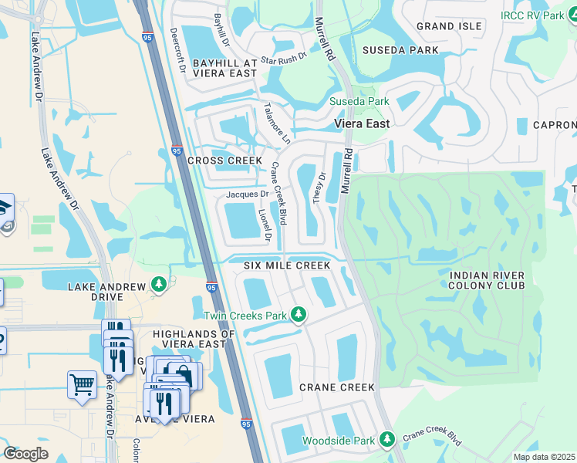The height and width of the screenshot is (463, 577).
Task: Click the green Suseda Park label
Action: point(359,102)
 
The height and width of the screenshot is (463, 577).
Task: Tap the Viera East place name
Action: point(362,123)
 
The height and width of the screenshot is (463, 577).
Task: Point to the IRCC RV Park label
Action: point(538,15)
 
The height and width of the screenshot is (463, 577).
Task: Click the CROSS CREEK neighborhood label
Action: point(220,161)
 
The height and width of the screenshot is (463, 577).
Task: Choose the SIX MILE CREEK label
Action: point(287,265)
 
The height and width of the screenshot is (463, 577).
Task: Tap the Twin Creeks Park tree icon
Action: point(299,315)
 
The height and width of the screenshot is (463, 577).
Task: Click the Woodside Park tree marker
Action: point(387,441)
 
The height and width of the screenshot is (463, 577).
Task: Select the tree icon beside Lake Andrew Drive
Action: point(159,286)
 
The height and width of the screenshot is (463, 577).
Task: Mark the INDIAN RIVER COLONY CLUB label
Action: point(487,280)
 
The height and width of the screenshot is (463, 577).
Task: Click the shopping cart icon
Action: point(82,384)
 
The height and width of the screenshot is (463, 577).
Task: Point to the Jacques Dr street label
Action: point(246,194)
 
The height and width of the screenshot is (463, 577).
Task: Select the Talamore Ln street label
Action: point(276,123)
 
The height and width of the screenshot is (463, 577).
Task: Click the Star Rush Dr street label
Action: point(283,58)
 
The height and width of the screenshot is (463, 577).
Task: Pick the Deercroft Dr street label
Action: point(178,51)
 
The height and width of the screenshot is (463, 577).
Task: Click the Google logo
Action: point(25,453)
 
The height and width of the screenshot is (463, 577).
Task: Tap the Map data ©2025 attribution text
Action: point(544,457)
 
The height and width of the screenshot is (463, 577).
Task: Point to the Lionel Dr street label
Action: point(265,223)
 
